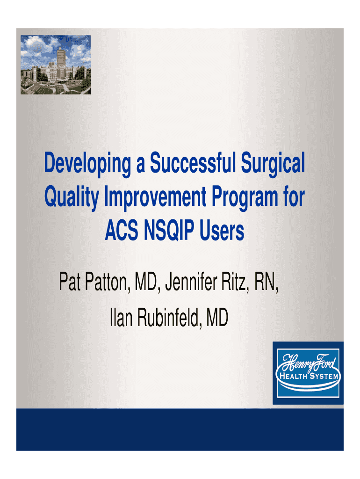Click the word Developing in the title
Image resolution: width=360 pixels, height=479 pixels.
(87, 164)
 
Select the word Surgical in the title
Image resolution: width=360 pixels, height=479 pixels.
(273, 164)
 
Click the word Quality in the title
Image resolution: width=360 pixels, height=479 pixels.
(72, 197)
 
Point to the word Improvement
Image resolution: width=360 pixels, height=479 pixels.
(155, 197)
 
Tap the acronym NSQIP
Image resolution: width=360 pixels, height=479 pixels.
(169, 231)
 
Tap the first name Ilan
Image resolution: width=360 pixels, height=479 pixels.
(121, 317)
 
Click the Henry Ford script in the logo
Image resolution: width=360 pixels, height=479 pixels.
(309, 363)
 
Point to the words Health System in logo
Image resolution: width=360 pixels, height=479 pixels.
(309, 376)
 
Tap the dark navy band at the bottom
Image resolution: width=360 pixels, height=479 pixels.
(180, 429)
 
